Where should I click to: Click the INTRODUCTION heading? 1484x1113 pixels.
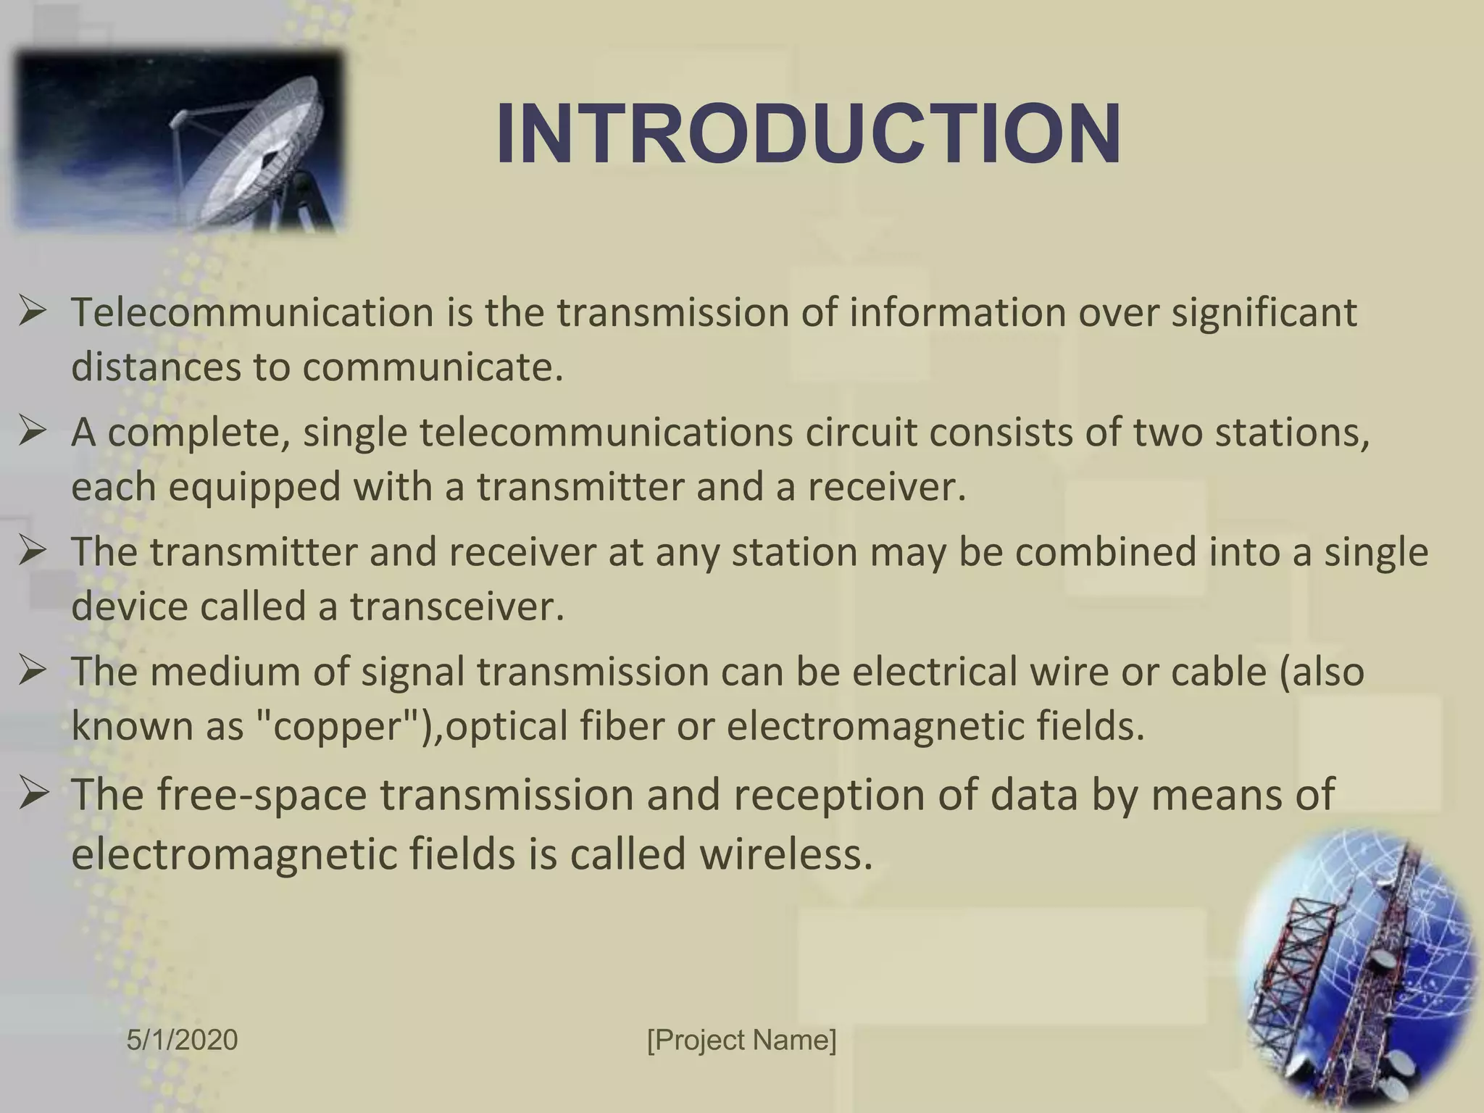pyautogui.click(x=809, y=135)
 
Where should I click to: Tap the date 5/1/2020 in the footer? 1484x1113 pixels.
pyautogui.click(x=182, y=1039)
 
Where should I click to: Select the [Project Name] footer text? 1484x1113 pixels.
pyautogui.click(x=741, y=1039)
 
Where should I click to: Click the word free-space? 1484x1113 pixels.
pyautogui.click(x=262, y=794)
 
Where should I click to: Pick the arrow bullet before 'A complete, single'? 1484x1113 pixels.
pyautogui.click(x=33, y=433)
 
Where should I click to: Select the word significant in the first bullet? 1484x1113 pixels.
pyautogui.click(x=1264, y=312)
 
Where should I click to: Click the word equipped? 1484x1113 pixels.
pyautogui.click(x=255, y=486)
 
